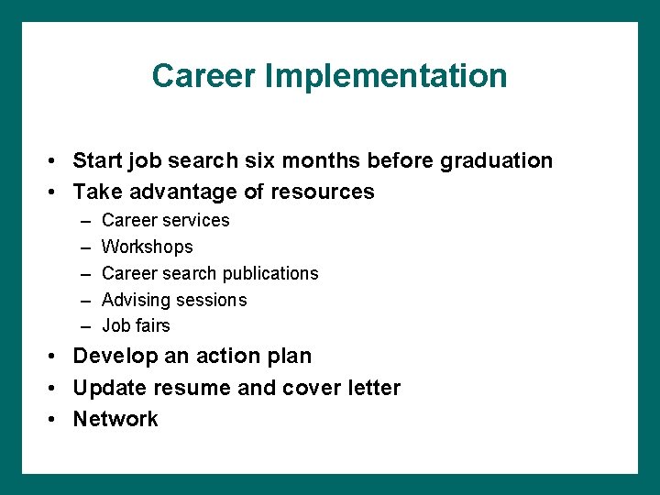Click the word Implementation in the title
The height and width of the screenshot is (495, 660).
[385, 75]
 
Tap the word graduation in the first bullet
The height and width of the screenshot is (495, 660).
[496, 161]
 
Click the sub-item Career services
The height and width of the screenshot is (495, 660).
[165, 220]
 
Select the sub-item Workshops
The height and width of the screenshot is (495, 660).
[147, 247]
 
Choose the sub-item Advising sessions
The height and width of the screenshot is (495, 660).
[174, 300]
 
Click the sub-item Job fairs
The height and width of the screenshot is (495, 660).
[136, 325]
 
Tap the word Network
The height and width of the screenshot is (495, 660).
[115, 419]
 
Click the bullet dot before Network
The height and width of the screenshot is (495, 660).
[56, 420]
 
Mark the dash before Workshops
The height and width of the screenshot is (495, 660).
[85, 247]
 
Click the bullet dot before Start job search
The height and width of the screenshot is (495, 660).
[56, 162]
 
